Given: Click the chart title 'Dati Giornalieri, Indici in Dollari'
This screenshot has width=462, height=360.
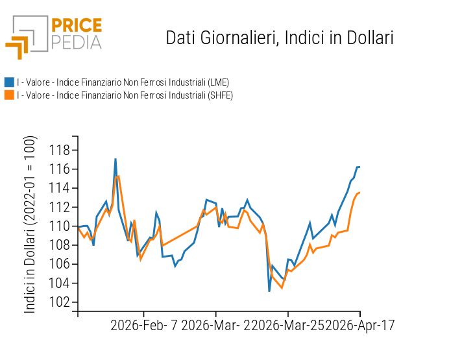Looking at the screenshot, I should [280, 38].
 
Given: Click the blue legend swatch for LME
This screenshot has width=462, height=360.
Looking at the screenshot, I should [9, 82].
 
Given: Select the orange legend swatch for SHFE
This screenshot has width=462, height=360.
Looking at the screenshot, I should [9, 95].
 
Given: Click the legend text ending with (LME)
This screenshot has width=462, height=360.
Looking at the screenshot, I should [123, 82].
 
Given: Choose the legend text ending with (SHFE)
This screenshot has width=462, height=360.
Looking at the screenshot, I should [125, 95].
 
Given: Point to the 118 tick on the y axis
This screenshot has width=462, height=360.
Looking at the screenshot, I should [59, 150].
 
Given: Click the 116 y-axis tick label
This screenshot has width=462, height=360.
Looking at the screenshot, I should [59, 169].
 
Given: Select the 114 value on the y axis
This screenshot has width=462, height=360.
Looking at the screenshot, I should [59, 188].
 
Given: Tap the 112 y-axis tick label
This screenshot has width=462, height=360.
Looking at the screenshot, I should [59, 208].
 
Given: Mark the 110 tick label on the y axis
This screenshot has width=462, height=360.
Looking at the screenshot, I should [59, 226].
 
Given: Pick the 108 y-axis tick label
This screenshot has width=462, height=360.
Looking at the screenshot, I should [59, 245].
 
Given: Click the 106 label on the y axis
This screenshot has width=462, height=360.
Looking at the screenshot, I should [59, 264].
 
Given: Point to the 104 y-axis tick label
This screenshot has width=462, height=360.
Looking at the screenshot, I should [59, 283].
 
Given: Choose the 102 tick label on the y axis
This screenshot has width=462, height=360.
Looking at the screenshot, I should [59, 302].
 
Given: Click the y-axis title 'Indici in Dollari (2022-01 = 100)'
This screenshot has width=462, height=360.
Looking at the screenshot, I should [30, 224].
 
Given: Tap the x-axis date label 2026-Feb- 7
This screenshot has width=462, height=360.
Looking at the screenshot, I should [145, 325].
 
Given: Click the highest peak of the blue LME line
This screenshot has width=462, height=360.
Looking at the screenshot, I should [115, 159].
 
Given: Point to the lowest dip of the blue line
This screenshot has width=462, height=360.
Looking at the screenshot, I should [269, 291].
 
